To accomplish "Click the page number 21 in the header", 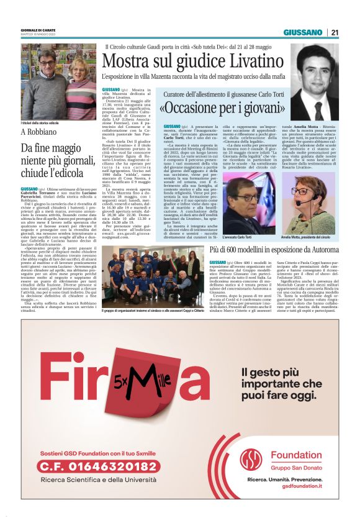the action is (334, 32).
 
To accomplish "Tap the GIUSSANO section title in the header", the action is (302, 32).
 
